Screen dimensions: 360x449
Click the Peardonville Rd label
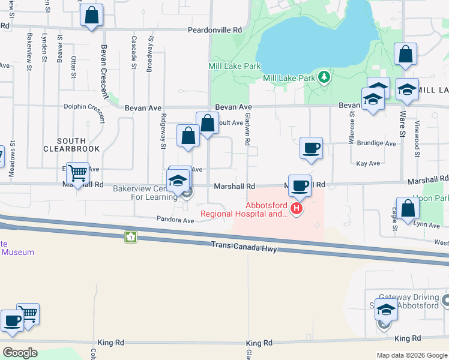tap(214, 29)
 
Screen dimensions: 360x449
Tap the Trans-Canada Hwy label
tap(244, 246)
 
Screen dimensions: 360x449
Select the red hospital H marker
tap(296, 209)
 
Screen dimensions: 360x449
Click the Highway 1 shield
tap(131, 237)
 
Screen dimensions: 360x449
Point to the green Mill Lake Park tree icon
tap(324, 77)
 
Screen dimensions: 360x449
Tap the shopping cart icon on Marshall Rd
tap(78, 173)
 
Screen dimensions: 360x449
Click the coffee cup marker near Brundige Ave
tap(311, 148)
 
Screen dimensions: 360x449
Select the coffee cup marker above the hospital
tap(300, 185)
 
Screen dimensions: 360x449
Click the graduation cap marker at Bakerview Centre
tap(178, 181)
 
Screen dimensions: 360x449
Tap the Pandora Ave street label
tap(176, 220)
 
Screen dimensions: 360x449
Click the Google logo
tap(20, 352)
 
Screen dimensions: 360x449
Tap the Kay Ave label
tap(368, 163)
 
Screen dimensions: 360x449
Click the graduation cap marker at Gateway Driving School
tap(386, 311)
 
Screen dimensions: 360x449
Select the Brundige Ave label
tap(377, 144)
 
